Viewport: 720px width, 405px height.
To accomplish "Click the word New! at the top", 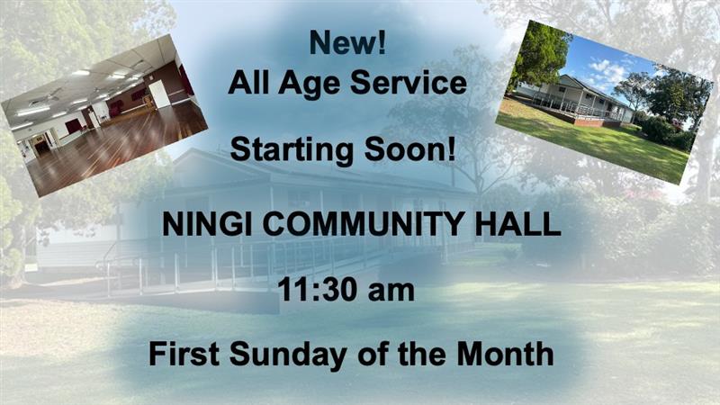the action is tap(347, 42).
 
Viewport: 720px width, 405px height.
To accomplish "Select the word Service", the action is tap(409, 83).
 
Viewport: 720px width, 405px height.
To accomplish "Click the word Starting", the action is tap(292, 149).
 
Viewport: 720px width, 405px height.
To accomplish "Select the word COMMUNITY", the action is tap(364, 224).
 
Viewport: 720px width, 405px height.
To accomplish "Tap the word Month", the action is tap(505, 354).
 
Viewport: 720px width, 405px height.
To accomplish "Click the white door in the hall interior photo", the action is tap(159, 94).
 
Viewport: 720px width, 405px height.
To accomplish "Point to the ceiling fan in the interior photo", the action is tap(44, 97).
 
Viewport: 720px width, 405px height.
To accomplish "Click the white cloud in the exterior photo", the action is tap(607, 70).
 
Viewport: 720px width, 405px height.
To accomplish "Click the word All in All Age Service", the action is tap(248, 83).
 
